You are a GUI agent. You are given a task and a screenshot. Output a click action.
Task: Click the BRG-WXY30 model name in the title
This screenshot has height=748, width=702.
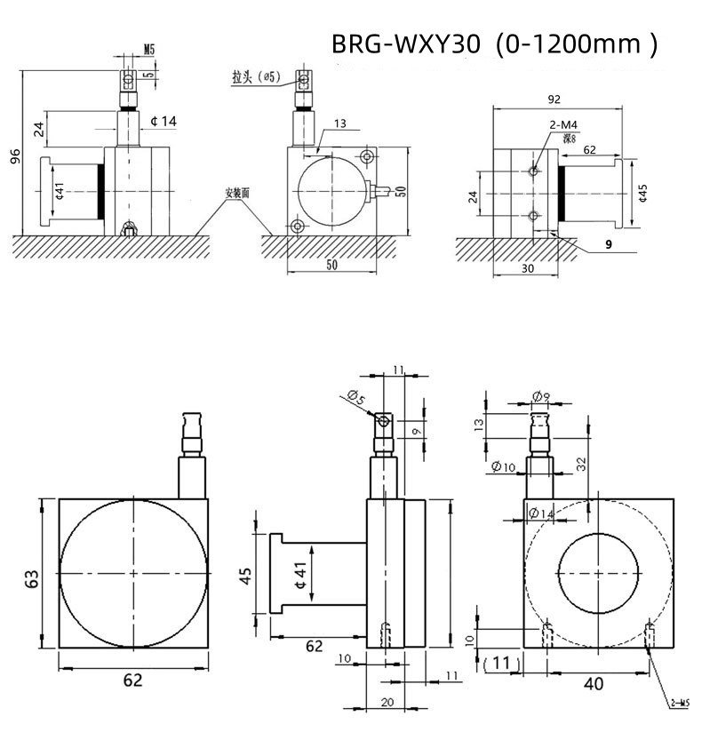405,44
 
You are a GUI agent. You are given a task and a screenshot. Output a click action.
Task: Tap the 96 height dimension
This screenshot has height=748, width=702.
15,156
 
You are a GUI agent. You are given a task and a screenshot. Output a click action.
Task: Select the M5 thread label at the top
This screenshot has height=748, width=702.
148,51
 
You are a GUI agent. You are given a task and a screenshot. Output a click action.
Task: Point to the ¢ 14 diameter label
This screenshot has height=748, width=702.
164,120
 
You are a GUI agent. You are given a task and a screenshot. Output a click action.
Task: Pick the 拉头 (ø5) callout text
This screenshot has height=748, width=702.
256,78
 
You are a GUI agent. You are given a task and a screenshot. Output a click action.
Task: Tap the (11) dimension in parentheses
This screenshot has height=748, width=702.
503,662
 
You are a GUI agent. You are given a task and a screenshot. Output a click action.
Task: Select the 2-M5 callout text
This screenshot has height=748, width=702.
681,704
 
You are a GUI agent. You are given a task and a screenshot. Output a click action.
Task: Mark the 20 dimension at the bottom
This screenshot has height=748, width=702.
387,702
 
